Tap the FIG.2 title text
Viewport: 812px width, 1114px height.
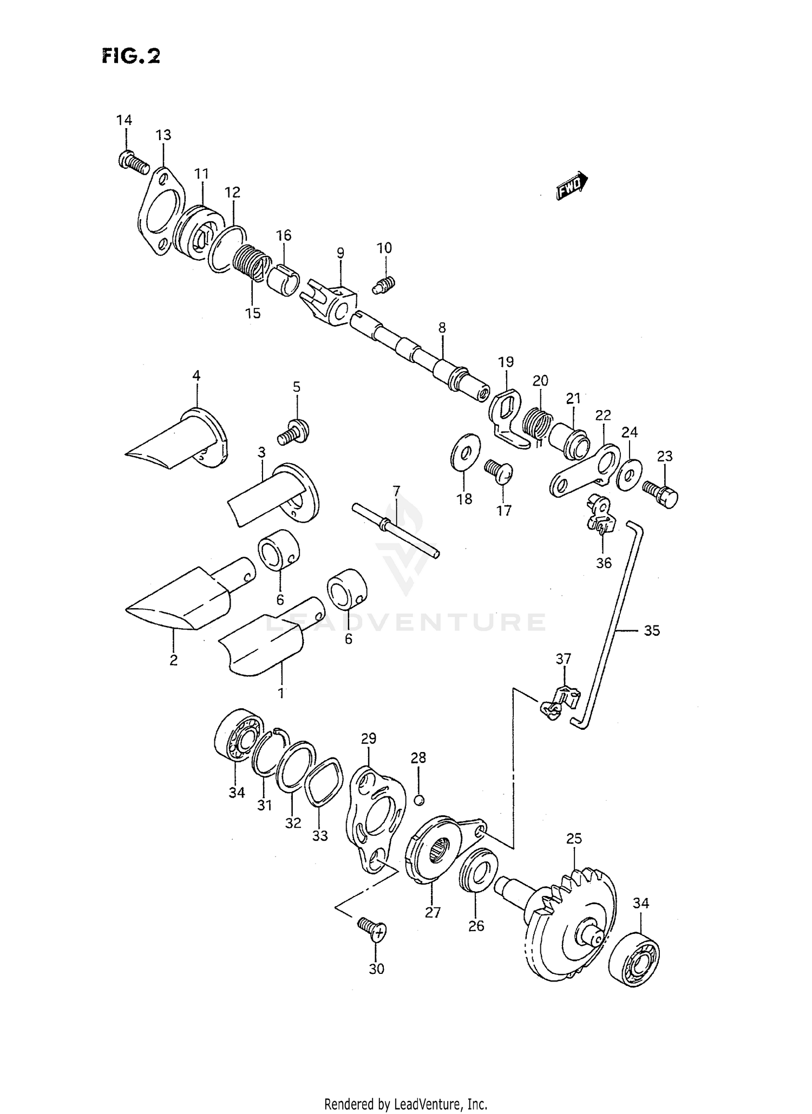(131, 56)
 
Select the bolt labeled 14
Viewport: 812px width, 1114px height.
(133, 162)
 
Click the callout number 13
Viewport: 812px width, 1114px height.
(163, 135)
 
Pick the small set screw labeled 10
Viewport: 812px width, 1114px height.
(384, 284)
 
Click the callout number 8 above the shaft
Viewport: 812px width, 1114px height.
(442, 327)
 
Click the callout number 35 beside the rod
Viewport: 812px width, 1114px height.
(652, 630)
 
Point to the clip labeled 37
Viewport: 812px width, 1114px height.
(560, 703)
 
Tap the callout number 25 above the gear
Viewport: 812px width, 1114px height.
(574, 839)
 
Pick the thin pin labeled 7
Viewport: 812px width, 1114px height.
(396, 529)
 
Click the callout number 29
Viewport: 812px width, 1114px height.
(368, 739)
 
